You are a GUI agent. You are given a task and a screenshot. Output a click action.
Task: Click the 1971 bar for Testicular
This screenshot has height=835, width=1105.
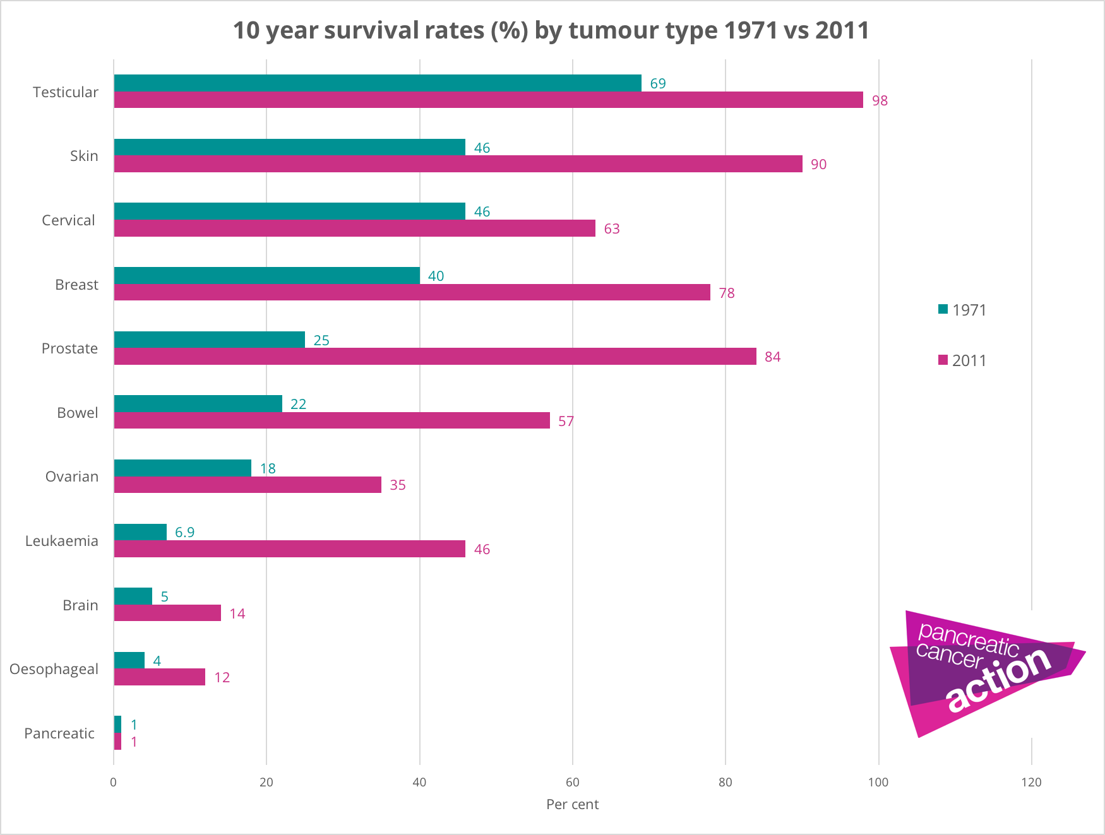[378, 83]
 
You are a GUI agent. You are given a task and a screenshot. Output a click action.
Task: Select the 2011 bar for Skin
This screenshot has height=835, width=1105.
[458, 164]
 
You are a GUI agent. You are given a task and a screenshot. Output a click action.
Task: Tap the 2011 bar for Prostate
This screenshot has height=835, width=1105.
[435, 357]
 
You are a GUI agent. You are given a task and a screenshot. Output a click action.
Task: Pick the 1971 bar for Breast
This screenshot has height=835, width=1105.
[266, 276]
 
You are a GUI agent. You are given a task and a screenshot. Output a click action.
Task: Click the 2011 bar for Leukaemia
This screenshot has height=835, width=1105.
[289, 549]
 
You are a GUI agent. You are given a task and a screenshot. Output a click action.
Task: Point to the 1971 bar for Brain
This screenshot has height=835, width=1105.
[133, 596]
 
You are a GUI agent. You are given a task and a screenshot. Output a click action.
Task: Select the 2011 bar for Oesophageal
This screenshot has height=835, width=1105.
[160, 677]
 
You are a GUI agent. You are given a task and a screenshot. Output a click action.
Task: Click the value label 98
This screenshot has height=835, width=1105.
[880, 101]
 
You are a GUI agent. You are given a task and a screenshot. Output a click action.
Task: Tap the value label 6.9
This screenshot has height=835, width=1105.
[184, 533]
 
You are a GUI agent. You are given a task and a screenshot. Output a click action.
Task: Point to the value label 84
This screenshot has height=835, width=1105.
[772, 357]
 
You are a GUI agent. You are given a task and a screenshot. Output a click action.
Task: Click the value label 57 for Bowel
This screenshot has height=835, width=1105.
[566, 422]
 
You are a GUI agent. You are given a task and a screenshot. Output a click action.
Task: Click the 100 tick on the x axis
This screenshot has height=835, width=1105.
[878, 783]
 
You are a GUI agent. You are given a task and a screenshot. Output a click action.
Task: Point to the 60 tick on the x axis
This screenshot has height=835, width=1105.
[573, 783]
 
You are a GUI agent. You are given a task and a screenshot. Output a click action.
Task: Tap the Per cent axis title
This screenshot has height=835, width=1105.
[572, 805]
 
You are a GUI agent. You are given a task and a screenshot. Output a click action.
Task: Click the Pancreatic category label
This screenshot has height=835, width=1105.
[59, 733]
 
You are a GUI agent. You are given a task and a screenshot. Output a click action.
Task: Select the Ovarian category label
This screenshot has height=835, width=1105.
[72, 477]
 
